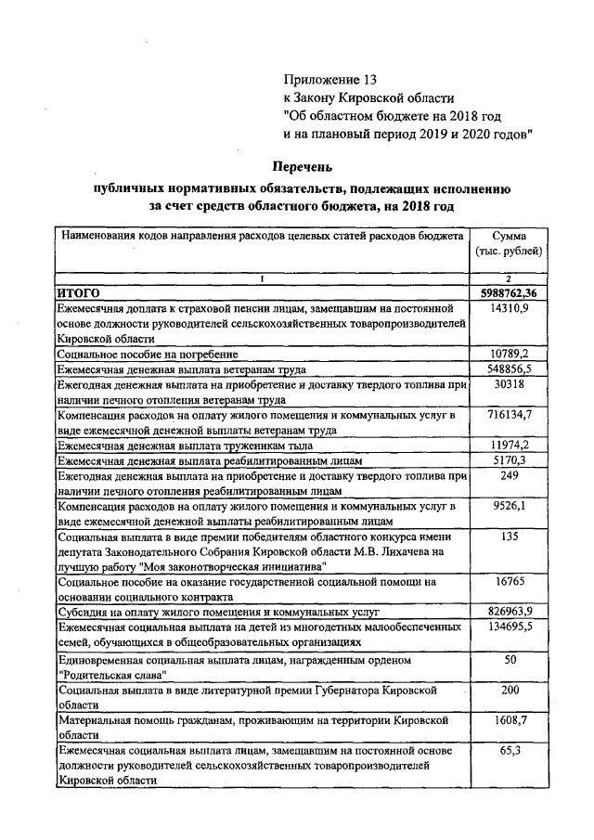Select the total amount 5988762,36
508,293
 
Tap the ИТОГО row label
78,293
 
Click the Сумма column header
508,237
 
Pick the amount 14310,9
508,308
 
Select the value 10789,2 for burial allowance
508,354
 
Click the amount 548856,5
508,368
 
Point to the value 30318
508,383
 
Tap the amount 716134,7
508,415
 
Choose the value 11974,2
508,446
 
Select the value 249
508,475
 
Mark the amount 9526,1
508,507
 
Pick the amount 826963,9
508,614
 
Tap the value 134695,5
508,628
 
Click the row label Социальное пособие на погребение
148,354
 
